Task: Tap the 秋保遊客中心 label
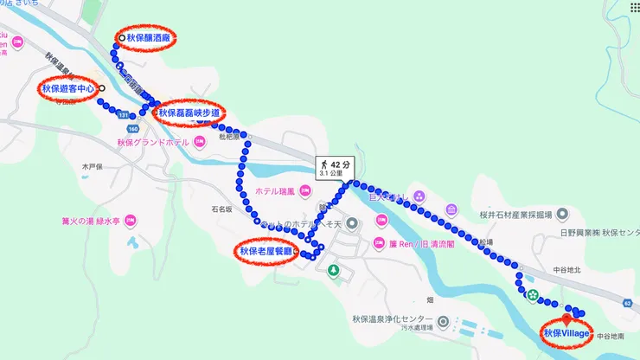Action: point(68,88)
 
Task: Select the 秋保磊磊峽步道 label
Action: point(191,112)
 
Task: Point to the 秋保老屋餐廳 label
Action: point(266,252)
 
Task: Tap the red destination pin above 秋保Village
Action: point(567,312)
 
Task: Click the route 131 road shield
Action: point(125,114)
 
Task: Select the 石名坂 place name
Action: point(222,209)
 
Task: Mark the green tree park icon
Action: point(335,272)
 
